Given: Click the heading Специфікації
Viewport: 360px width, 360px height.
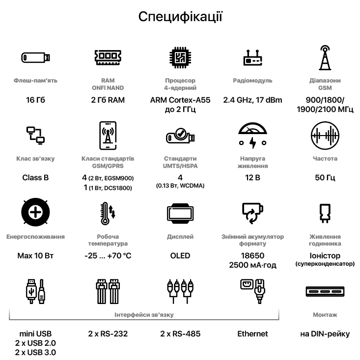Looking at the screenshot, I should point(180,17).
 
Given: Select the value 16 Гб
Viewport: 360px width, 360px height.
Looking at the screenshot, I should point(35,100).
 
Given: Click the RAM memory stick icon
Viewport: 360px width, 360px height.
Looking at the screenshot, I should point(108,57).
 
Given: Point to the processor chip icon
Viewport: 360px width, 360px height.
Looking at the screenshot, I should point(180,57).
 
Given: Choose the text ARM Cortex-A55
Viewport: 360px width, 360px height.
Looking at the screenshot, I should point(180,100).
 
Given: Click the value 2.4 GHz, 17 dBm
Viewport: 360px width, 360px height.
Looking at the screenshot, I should point(252,100).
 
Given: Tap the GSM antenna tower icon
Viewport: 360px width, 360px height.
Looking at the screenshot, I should point(325,57).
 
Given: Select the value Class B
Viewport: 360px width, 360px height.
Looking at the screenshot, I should point(35,177).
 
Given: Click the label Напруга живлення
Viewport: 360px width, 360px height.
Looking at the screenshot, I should point(252,163).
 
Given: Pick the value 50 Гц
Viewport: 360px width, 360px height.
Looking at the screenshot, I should point(325,177).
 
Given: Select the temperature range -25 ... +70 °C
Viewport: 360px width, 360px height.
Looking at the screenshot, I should point(108,255).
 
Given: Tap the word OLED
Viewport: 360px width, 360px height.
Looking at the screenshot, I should point(180,255).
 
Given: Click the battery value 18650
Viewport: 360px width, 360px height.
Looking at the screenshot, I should point(252,255).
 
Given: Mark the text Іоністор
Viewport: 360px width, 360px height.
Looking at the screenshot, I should point(325,255).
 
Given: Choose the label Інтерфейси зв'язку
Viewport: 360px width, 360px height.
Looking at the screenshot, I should point(144,315).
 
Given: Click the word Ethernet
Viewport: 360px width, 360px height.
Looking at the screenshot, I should point(252,334).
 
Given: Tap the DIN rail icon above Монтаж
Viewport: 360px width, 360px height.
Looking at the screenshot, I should point(325,291).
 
